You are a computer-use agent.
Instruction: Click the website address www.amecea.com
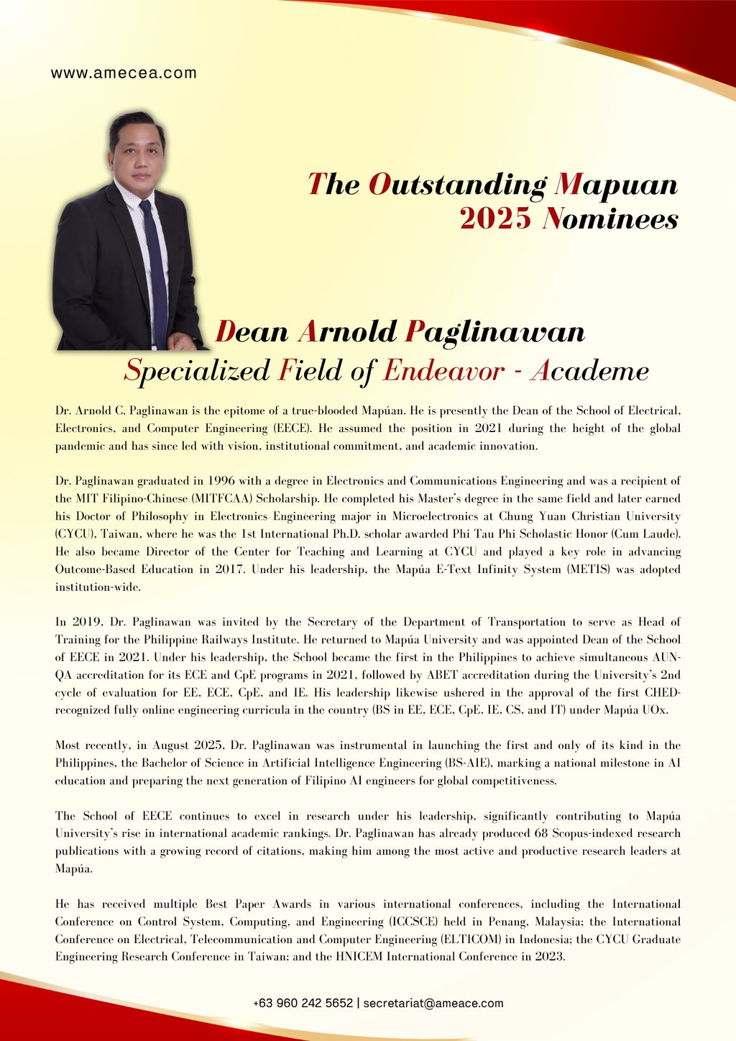tap(124, 73)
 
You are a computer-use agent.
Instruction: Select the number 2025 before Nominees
tap(496, 219)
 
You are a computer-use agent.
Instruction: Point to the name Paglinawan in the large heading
tap(495, 332)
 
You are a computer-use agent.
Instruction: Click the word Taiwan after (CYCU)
tap(117, 534)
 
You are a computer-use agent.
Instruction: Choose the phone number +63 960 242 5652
tap(303, 1003)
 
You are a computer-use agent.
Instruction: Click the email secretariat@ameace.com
tap(433, 1003)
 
